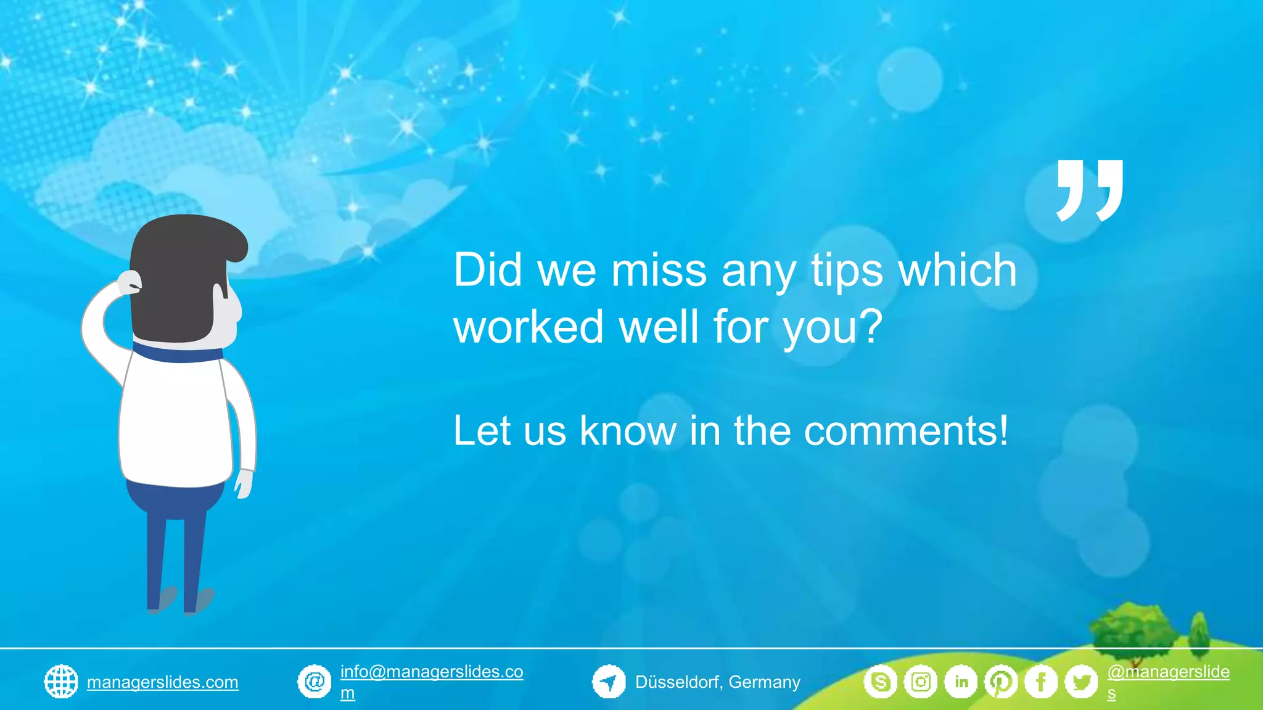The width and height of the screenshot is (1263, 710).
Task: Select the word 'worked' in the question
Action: (x=529, y=327)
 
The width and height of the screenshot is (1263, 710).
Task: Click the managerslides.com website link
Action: (x=163, y=682)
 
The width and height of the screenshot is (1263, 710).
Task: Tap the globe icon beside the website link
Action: (x=61, y=682)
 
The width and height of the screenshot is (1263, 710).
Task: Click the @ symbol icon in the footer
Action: (x=315, y=682)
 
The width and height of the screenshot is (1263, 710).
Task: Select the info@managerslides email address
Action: (x=431, y=672)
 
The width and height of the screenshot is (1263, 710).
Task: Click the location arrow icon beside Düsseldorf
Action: (x=609, y=682)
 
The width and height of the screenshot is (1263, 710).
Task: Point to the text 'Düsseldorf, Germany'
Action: (x=718, y=682)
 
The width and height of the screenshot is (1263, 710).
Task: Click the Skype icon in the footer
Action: (x=880, y=682)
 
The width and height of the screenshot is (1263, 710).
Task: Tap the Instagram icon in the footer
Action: (x=921, y=682)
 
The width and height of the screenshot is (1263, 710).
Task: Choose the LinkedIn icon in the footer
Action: (x=961, y=682)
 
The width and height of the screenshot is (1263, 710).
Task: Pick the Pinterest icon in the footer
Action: (x=1001, y=682)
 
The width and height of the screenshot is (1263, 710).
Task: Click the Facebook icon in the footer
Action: (x=1041, y=682)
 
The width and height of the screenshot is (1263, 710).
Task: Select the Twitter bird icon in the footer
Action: (x=1081, y=682)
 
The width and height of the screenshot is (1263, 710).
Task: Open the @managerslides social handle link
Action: (x=1167, y=672)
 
